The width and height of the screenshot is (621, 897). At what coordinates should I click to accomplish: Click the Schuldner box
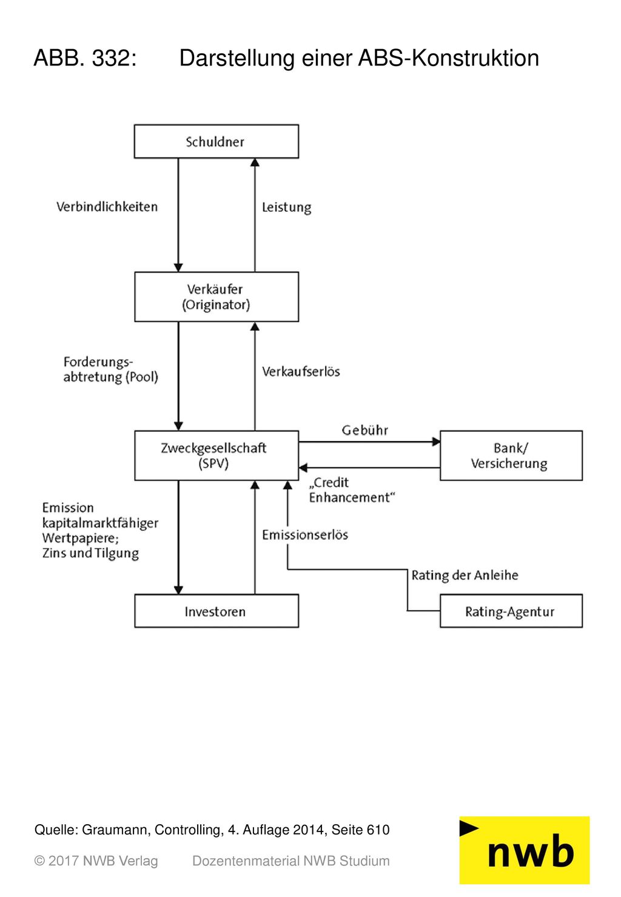click(x=217, y=141)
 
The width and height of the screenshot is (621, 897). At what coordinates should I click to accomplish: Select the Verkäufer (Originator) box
click(x=217, y=297)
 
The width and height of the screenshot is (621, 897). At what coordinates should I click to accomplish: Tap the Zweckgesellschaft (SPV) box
click(x=217, y=455)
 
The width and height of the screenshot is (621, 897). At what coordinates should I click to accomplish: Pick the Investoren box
click(x=217, y=611)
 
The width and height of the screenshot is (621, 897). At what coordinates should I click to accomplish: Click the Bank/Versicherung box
click(x=511, y=455)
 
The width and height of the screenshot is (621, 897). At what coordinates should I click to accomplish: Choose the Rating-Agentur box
click(x=511, y=611)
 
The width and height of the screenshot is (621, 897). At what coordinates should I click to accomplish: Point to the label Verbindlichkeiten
click(x=107, y=207)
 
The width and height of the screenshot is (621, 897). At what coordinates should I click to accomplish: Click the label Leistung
click(x=286, y=207)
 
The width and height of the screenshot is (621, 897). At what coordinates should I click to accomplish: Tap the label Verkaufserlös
click(x=301, y=371)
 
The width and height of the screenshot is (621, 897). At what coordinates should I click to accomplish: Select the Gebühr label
click(x=364, y=430)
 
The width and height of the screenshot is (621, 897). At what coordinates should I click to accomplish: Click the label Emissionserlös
click(x=304, y=534)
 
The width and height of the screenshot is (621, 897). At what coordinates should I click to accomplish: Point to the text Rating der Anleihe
click(x=465, y=576)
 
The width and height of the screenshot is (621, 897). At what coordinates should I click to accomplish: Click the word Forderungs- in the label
click(x=98, y=362)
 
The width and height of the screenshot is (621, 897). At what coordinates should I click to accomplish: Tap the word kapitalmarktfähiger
click(x=100, y=523)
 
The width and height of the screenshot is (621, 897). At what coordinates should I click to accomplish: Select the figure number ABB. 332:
click(x=86, y=58)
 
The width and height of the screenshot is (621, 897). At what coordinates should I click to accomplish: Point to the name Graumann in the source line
click(x=116, y=830)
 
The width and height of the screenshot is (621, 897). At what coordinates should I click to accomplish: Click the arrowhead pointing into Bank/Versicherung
click(x=436, y=442)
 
